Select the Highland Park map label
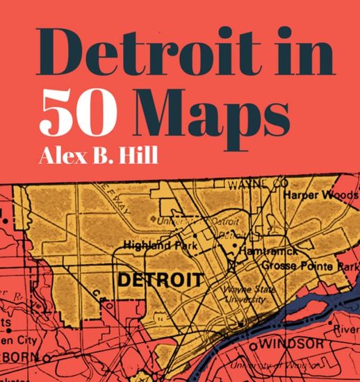pyautogui.click(x=156, y=244)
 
